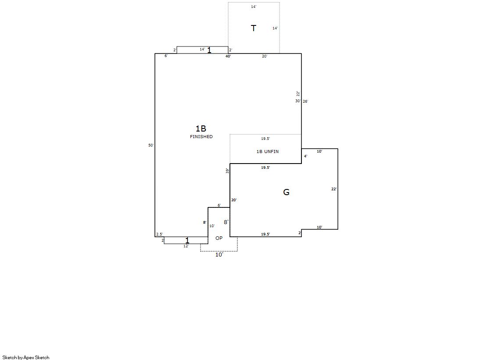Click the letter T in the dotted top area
click(254, 28)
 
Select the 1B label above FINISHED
click(201, 128)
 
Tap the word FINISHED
click(201, 136)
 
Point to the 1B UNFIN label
click(267, 152)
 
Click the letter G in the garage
click(286, 192)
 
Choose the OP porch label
click(219, 238)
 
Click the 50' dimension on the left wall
click(151, 145)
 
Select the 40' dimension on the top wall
click(228, 57)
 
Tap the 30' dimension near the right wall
click(298, 101)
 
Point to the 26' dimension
click(305, 101)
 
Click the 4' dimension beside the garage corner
click(306, 156)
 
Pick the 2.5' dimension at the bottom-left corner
click(159, 234)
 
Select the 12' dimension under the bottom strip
click(186, 246)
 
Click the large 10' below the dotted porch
click(219, 255)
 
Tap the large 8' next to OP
click(226, 222)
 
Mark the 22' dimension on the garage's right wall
click(334, 189)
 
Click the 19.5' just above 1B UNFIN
click(265, 139)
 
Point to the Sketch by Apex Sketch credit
click(26, 357)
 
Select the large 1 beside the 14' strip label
click(209, 50)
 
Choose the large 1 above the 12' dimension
click(187, 241)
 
